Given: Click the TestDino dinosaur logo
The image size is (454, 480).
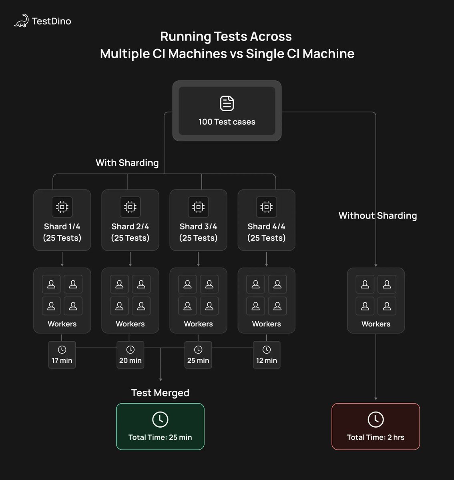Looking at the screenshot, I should (x=21, y=21).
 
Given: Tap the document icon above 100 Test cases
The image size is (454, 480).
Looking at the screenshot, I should (x=227, y=103).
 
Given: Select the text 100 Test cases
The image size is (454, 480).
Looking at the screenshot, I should (x=227, y=122).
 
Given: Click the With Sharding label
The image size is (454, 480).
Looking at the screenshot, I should (x=127, y=163).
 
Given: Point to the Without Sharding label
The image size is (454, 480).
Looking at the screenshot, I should (x=378, y=216).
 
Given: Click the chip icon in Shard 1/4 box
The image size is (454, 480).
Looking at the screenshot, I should (x=62, y=207).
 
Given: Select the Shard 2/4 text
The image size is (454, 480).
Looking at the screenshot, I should (x=130, y=226).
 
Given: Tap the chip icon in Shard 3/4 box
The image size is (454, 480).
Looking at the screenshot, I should (x=198, y=207).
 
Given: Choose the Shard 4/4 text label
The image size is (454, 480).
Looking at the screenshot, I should (x=266, y=226).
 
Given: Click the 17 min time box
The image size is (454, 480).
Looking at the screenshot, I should (x=62, y=355).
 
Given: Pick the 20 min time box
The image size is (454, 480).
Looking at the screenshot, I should (x=130, y=355).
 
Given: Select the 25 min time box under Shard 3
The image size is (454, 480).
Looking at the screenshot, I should (x=198, y=355).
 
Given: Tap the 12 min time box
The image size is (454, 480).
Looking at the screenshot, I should (x=266, y=355).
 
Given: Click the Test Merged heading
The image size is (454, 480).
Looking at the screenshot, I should (x=160, y=393).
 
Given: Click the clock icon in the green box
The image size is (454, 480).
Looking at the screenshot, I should (x=160, y=419).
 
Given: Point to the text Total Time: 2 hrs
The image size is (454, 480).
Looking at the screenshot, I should (x=376, y=437).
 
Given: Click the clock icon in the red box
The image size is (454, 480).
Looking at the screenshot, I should (x=376, y=419).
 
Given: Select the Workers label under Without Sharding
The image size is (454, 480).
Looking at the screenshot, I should (x=376, y=324).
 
